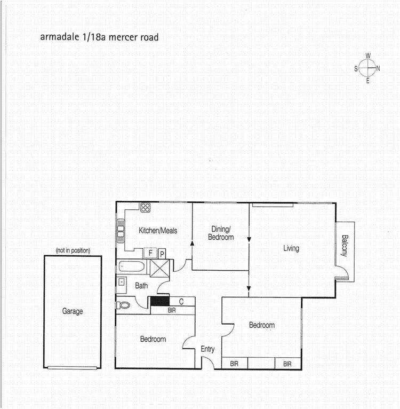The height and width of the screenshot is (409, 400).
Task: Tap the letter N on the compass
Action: coord(378,68)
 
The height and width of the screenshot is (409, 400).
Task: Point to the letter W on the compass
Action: coord(368,56)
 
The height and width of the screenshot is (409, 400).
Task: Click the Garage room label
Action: coord(73,311)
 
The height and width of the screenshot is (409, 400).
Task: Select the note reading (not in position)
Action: coord(73,250)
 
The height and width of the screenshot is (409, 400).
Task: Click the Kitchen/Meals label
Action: coord(158,231)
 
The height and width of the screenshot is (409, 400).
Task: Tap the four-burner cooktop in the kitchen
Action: coord(145,207)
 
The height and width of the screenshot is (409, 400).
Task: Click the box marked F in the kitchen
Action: coord(151,253)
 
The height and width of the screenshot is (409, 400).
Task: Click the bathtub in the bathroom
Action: coord(133,265)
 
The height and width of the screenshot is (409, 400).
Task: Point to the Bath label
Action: coord(141,286)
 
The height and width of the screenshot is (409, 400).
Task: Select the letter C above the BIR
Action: coord(181,302)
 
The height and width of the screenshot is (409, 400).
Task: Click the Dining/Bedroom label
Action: coord(221,233)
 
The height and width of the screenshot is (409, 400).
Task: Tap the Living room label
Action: coord(291,248)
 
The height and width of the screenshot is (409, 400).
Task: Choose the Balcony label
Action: coord(345,246)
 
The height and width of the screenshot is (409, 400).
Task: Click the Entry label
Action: coord(207,349)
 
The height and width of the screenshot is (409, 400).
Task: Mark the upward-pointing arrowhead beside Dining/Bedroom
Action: coord(192,243)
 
